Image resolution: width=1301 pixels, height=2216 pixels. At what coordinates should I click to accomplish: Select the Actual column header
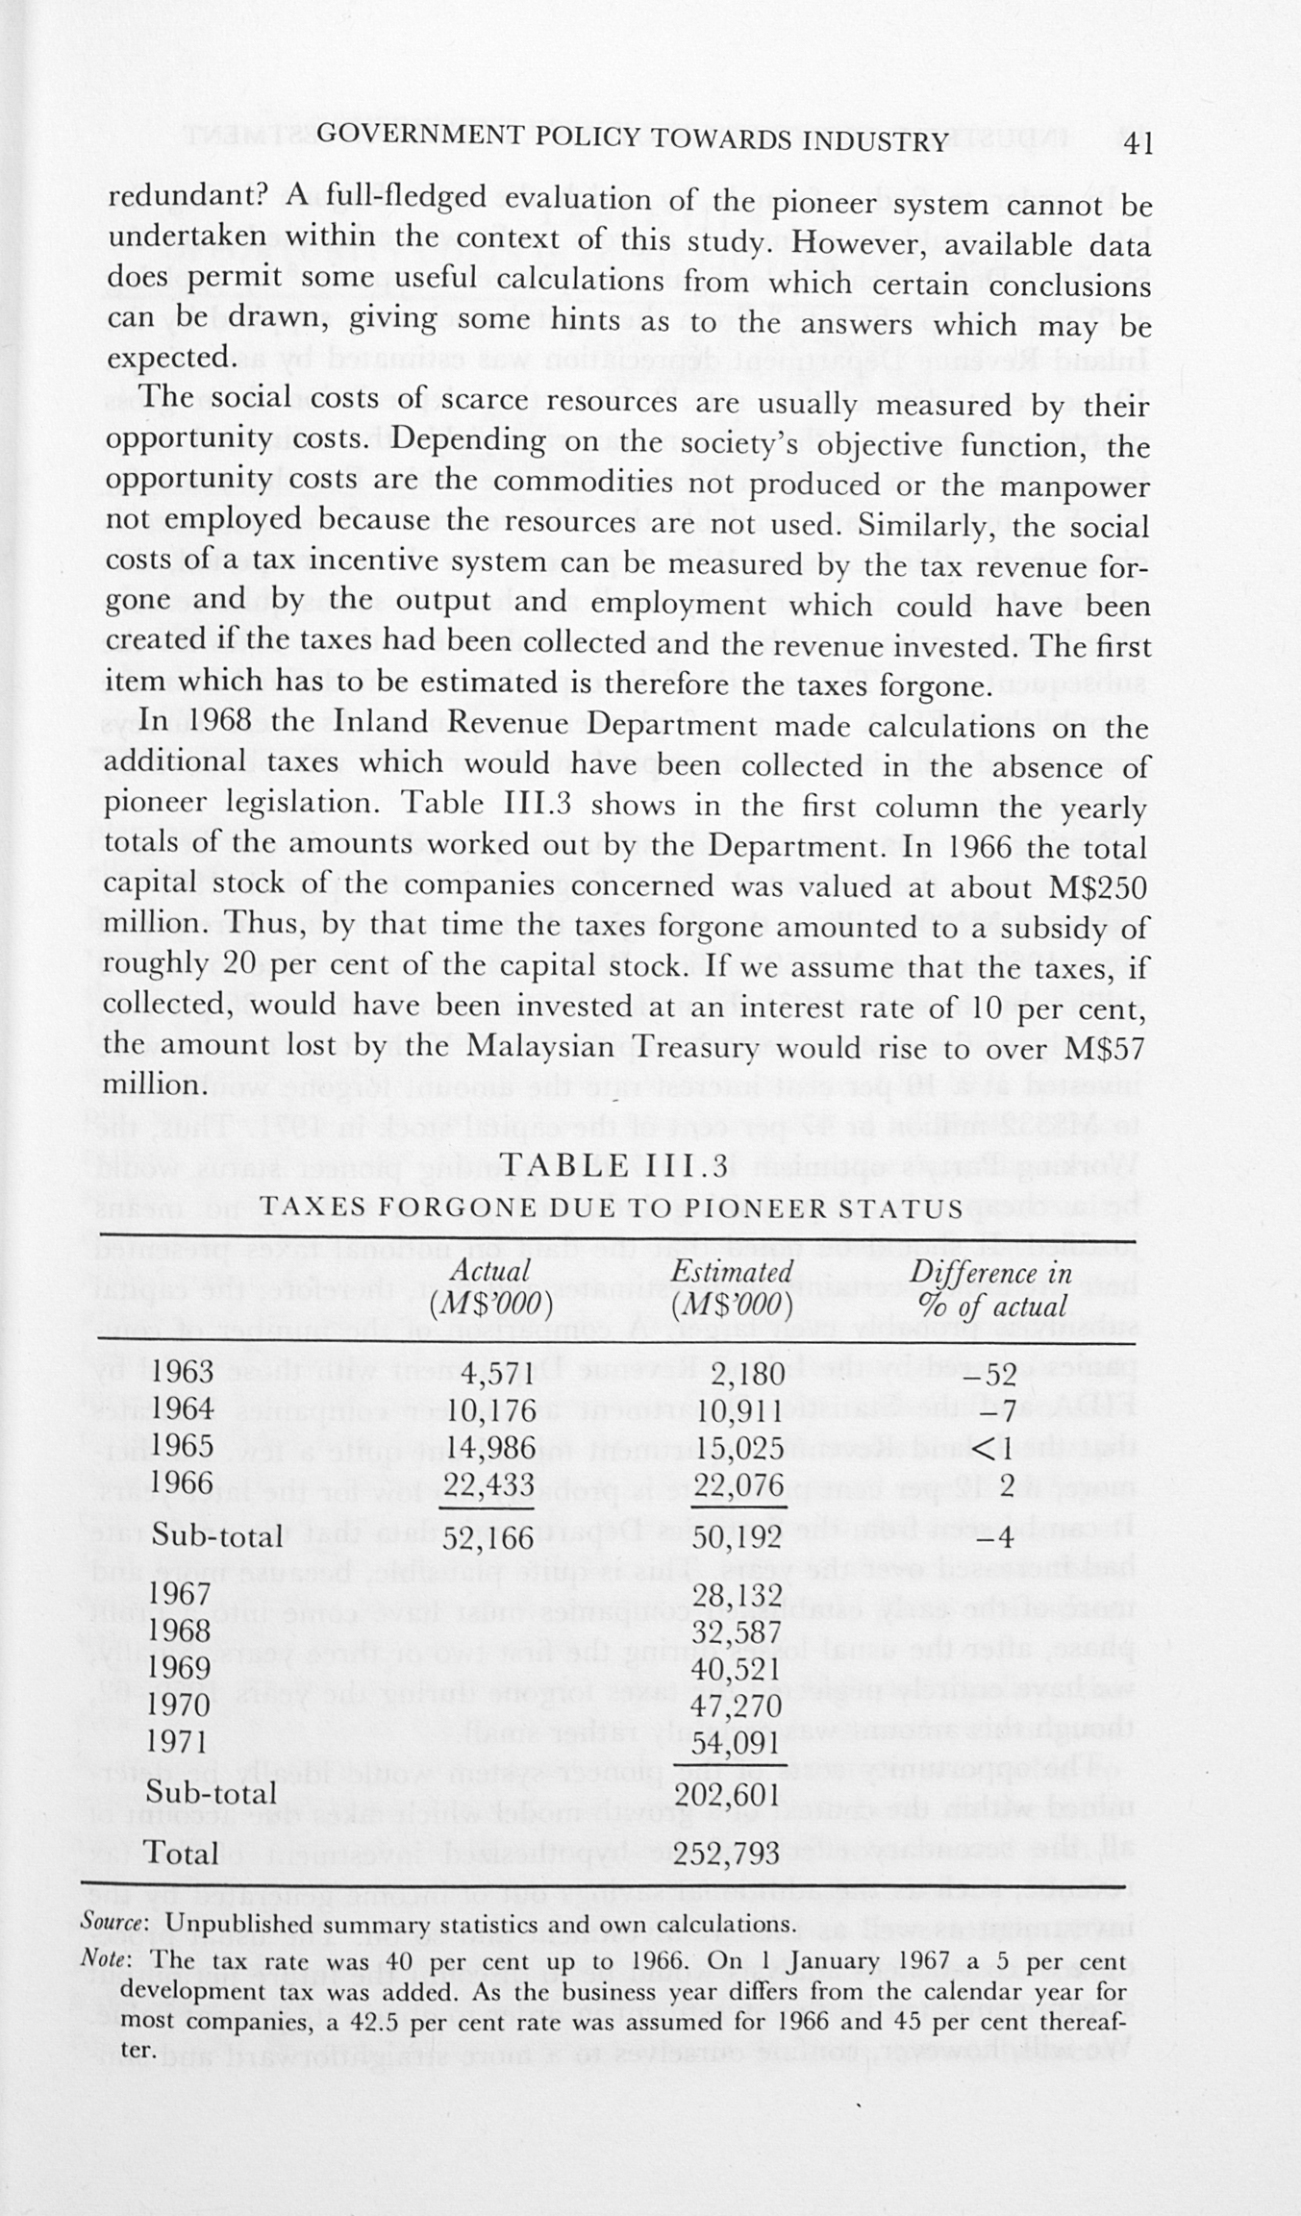pyautogui.click(x=491, y=1288)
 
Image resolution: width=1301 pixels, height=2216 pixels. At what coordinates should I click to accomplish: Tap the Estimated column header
pyautogui.click(x=733, y=1288)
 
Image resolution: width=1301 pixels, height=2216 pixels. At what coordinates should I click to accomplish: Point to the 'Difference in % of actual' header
pyautogui.click(x=990, y=1289)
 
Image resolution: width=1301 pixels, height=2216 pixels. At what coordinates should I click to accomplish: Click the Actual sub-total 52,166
pyautogui.click(x=488, y=1537)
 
